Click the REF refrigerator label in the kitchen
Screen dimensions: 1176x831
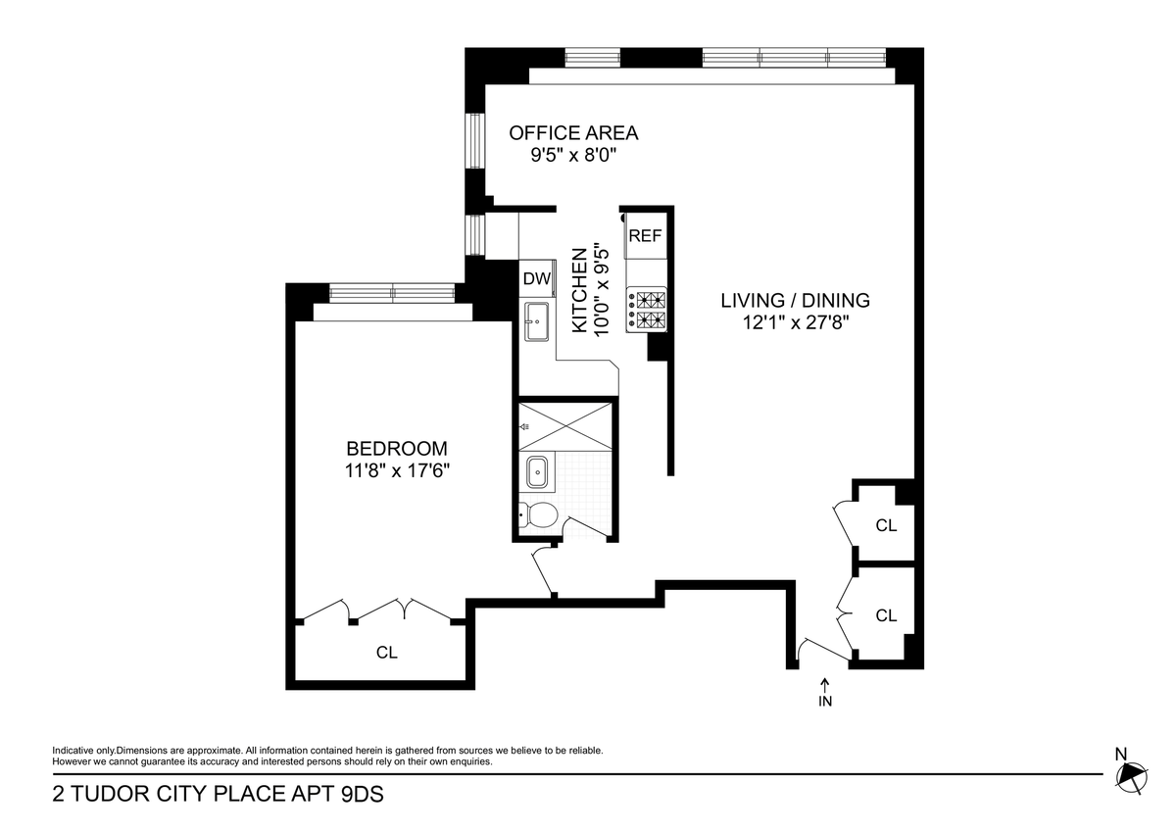(645, 236)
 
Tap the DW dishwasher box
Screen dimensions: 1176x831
(537, 278)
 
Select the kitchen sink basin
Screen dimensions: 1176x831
(537, 321)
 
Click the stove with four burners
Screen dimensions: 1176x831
(646, 310)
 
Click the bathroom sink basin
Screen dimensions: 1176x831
(537, 472)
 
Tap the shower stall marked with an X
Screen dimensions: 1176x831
(565, 426)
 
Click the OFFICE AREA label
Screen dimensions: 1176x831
(573, 133)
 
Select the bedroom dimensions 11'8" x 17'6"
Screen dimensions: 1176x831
(398, 471)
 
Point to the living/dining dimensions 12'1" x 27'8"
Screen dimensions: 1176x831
(796, 322)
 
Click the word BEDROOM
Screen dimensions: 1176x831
(397, 449)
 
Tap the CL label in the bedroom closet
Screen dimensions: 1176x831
(387, 653)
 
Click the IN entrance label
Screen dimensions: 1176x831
(825, 702)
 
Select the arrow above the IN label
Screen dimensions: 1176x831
(825, 685)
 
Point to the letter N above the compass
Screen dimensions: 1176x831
(1121, 755)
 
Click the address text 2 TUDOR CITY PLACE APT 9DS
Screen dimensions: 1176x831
(218, 794)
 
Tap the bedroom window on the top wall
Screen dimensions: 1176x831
(392, 293)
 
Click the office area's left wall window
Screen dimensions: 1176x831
(475, 141)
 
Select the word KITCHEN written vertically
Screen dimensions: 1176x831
(579, 290)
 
